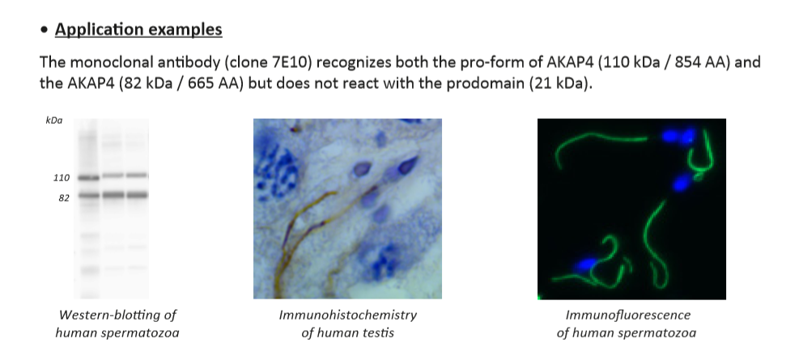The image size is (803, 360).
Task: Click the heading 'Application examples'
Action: point(138,30)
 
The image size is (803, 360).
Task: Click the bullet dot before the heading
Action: point(44,30)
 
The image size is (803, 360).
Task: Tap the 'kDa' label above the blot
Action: point(53,121)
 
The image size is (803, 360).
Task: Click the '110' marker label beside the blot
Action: point(61,178)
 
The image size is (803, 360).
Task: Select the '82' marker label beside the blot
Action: point(63,198)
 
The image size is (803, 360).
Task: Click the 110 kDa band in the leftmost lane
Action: point(88,178)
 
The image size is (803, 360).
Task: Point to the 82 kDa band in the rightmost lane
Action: point(137,195)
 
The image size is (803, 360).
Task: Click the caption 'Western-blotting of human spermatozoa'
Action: point(117,324)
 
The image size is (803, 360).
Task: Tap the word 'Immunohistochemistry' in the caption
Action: point(348,315)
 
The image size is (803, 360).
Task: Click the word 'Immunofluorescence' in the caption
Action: point(628,315)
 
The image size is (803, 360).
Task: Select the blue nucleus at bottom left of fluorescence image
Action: point(585,265)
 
